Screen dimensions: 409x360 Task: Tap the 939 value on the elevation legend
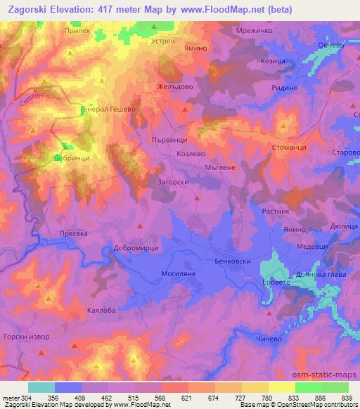click(x=347, y=396)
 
